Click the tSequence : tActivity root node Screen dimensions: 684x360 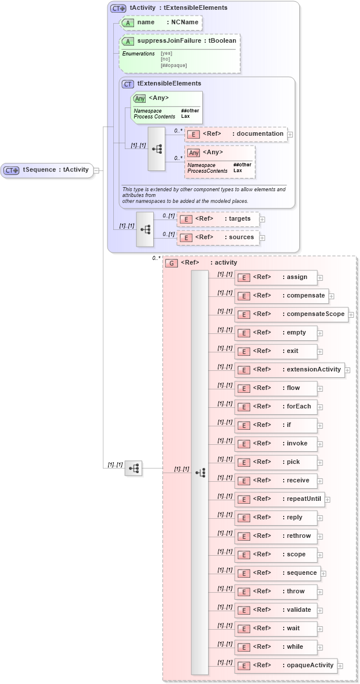pos(47,170)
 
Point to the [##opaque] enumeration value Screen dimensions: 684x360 pos(173,65)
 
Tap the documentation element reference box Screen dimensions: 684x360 pos(235,134)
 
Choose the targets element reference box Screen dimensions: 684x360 pos(218,219)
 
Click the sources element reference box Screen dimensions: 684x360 pos(218,237)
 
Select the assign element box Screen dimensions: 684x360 pos(276,277)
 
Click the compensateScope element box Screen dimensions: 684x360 pos(291,314)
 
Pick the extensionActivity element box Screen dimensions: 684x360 pos(290,370)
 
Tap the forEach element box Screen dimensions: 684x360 pos(276,407)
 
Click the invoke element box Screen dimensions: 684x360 pos(276,444)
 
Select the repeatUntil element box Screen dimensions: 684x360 pos(279,499)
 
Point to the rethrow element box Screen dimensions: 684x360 pos(276,536)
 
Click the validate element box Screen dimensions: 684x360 pos(276,610)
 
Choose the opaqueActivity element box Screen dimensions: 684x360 pos(285,666)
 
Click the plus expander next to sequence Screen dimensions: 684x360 pos(324,574)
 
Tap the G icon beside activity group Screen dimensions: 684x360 pos(171,263)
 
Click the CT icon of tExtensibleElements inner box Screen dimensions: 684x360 pos(128,84)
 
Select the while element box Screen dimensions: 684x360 pos(276,647)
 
